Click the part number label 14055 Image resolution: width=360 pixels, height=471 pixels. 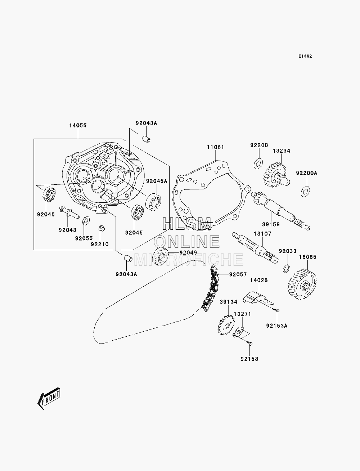[78, 125]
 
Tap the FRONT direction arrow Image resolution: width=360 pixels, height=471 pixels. [49, 398]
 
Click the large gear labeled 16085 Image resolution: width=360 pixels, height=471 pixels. [302, 284]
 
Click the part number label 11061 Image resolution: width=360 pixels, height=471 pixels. [215, 147]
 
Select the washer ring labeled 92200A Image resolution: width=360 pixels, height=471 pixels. [306, 192]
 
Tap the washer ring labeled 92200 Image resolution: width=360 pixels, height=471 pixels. [258, 164]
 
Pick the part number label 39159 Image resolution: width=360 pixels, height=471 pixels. [271, 224]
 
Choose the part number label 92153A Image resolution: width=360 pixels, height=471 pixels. [277, 326]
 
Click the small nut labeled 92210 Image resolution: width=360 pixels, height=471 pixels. [102, 228]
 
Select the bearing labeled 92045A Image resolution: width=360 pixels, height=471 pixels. [153, 202]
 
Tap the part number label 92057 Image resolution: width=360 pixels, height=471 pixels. [238, 274]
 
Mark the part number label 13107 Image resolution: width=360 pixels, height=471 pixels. [262, 233]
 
